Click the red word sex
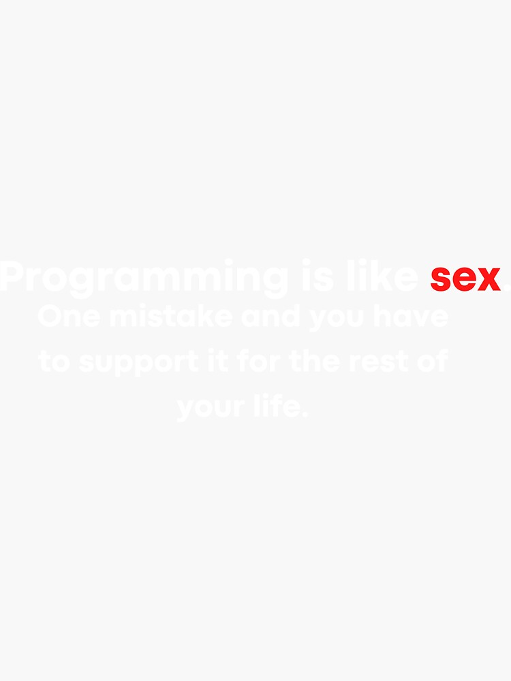(465, 278)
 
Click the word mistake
(170, 317)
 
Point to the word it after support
(217, 361)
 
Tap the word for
(258, 361)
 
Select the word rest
(375, 362)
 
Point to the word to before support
(54, 362)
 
